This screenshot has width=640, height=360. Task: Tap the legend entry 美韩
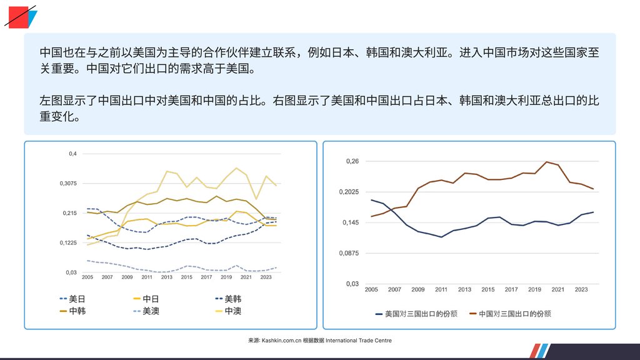232,298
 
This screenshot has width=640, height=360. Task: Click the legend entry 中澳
232,311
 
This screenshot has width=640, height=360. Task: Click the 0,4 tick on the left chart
72,154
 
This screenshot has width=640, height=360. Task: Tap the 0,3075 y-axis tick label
68,183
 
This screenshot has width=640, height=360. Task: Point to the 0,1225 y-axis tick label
68,242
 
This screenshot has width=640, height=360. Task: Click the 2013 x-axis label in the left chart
167,277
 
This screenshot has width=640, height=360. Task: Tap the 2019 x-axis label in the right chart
534,289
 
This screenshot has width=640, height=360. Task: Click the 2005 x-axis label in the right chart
371,289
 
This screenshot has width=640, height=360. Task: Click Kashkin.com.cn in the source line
281,341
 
